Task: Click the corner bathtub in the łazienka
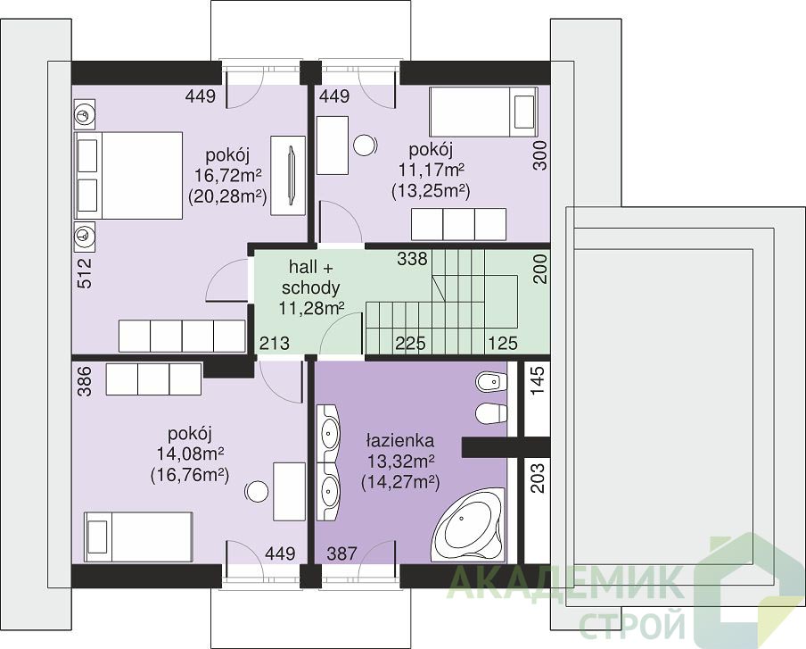point(469,525)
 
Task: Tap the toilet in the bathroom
point(491,414)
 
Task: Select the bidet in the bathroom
point(491,382)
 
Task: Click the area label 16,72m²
point(227,176)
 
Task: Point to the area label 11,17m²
point(432,171)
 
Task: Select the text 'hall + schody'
point(311,278)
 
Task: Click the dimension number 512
point(86,273)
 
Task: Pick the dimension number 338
point(412,258)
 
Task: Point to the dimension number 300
point(539,155)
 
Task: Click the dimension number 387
point(341,553)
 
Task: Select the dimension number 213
point(274,343)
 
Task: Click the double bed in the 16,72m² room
point(128,176)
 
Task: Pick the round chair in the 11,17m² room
point(366,145)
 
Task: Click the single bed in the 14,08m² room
point(138,537)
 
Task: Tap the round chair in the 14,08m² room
point(256,493)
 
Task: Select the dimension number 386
point(86,381)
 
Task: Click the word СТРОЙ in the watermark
point(633,623)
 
